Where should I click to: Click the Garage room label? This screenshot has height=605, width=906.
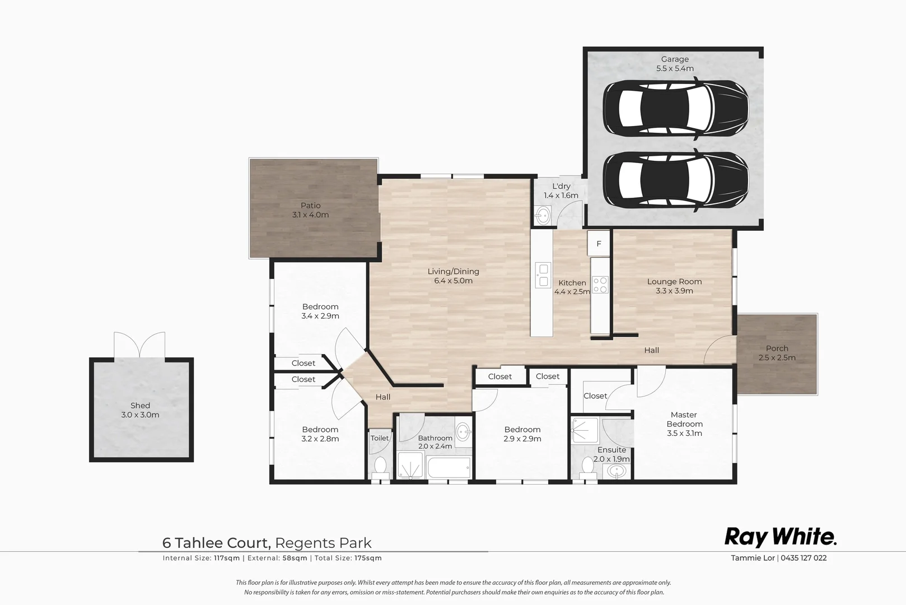[675, 59]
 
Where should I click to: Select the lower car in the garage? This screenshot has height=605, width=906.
[675, 180]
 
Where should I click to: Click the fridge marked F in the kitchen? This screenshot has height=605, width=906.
[599, 243]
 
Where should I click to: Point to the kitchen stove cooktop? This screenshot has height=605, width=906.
[600, 285]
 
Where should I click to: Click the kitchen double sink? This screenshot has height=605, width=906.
[543, 275]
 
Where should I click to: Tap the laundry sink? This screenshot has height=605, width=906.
[543, 215]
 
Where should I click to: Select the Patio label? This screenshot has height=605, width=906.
[310, 205]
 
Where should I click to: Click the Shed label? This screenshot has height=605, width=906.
[140, 405]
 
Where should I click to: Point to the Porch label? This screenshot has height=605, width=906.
[777, 348]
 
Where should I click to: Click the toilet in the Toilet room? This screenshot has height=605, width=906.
[380, 467]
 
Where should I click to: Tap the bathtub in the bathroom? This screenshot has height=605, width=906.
[449, 467]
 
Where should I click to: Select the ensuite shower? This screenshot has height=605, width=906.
[585, 431]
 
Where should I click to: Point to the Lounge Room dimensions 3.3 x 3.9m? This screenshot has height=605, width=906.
[674, 291]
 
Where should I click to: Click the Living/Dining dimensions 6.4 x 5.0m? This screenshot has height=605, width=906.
[453, 281]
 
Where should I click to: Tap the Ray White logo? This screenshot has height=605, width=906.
[780, 537]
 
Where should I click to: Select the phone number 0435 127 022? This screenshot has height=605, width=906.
[804, 557]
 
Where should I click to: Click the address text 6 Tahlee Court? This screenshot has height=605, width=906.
[216, 543]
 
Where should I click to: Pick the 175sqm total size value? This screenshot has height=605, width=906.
[368, 558]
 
